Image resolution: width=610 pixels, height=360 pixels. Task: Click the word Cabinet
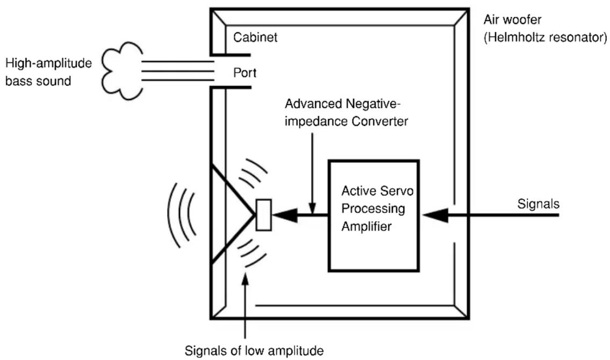(255, 37)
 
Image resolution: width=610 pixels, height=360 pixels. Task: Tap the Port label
(245, 73)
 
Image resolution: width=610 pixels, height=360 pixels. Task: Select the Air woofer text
(512, 19)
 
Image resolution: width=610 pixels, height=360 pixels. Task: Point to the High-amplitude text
(48, 63)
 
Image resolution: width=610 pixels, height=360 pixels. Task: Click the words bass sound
(38, 81)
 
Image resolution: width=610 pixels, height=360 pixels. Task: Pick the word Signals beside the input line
(539, 204)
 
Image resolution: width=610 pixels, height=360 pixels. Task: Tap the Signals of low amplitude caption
(254, 351)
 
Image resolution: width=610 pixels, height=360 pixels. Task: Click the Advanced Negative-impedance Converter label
(346, 113)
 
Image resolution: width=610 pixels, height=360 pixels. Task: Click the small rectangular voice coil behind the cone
(264, 215)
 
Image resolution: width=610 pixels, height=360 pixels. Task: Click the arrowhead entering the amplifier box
(435, 215)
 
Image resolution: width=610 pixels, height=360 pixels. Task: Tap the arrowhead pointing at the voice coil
(285, 215)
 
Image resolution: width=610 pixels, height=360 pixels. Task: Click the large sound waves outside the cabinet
(182, 215)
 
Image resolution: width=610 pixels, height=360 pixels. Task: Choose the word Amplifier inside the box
(367, 226)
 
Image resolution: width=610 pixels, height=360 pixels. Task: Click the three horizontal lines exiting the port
(178, 71)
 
